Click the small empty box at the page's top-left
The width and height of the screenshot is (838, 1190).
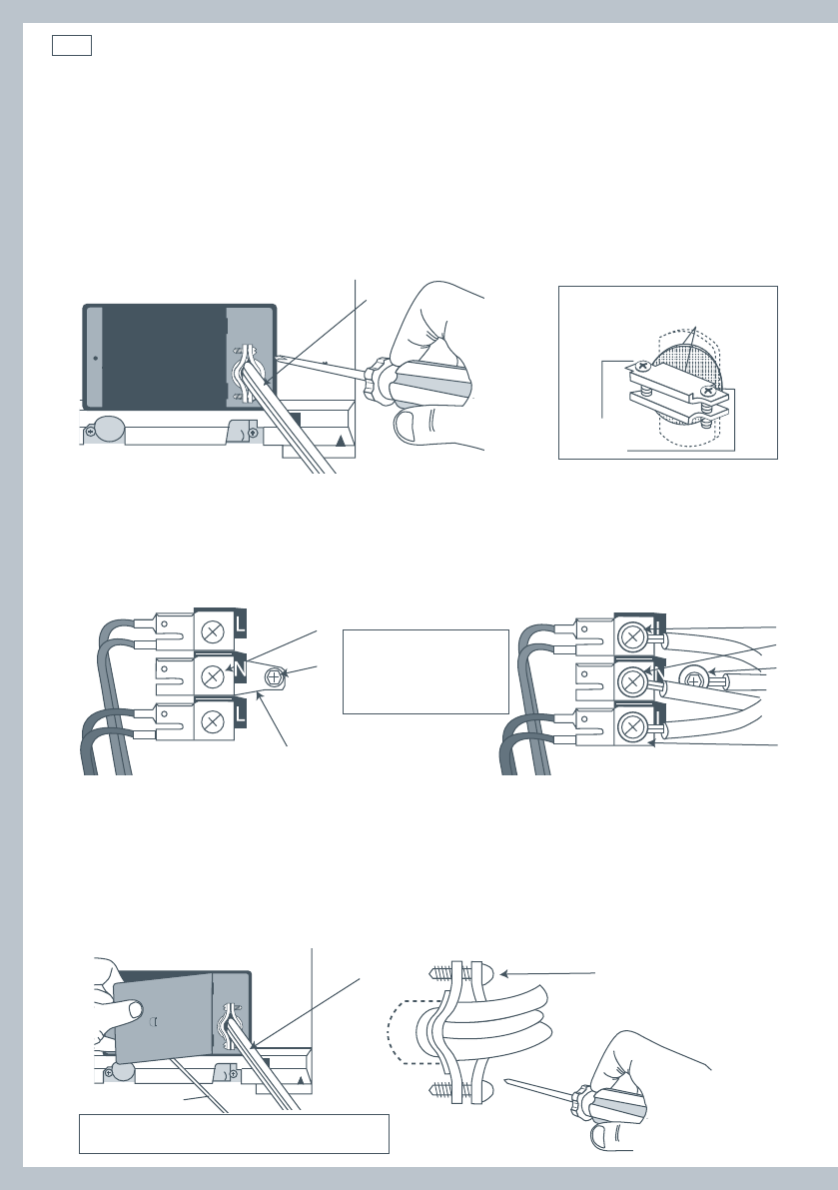72,46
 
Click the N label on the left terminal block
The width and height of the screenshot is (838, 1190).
241,670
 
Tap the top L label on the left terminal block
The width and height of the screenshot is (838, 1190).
241,626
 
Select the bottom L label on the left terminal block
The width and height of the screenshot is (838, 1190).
241,715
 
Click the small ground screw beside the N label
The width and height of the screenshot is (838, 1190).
274,675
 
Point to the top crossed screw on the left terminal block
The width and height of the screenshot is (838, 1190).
214,629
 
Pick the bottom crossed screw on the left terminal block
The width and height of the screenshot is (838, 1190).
214,720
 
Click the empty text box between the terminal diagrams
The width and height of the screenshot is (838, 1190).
425,671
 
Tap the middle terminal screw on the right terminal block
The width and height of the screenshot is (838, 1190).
631,682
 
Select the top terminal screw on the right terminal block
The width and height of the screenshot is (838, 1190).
631,637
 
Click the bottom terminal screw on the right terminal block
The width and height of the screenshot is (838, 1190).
631,727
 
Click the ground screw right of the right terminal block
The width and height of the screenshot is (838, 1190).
693,680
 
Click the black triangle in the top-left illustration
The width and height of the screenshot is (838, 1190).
341,441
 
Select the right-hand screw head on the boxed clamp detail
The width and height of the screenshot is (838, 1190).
707,391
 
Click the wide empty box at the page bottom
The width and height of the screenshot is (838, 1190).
235,1134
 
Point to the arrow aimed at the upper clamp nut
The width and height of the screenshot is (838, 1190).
547,973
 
